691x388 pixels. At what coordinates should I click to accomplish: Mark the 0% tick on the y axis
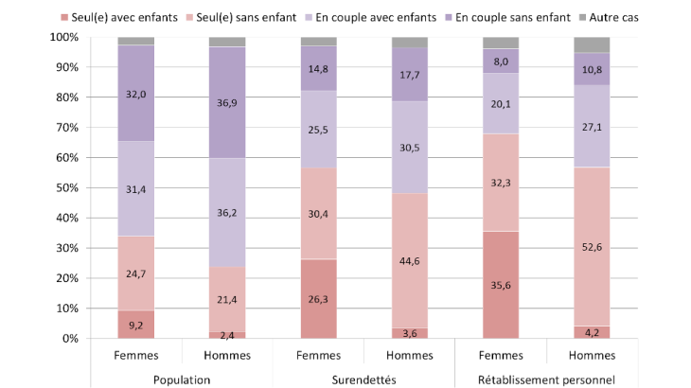point(68,339)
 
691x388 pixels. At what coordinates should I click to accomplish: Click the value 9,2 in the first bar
point(136,326)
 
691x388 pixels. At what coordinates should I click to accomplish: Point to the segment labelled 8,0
point(501,62)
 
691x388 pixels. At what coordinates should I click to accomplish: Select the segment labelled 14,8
point(319,68)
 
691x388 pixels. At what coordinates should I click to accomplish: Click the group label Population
point(181,379)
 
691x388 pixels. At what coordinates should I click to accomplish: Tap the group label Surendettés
point(364,379)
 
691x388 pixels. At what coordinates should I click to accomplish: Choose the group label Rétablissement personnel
point(546,379)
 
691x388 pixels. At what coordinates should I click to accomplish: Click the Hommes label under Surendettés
point(410,357)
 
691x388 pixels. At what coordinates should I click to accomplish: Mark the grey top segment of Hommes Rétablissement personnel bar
point(592,44)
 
